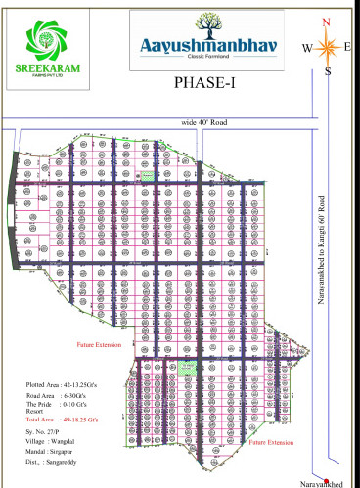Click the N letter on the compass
pos(327,22)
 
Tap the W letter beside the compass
pos(306,47)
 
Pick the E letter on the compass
pos(347,45)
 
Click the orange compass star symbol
pos(328,46)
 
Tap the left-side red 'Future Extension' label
pos(97,345)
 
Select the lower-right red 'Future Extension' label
pos(270,442)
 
